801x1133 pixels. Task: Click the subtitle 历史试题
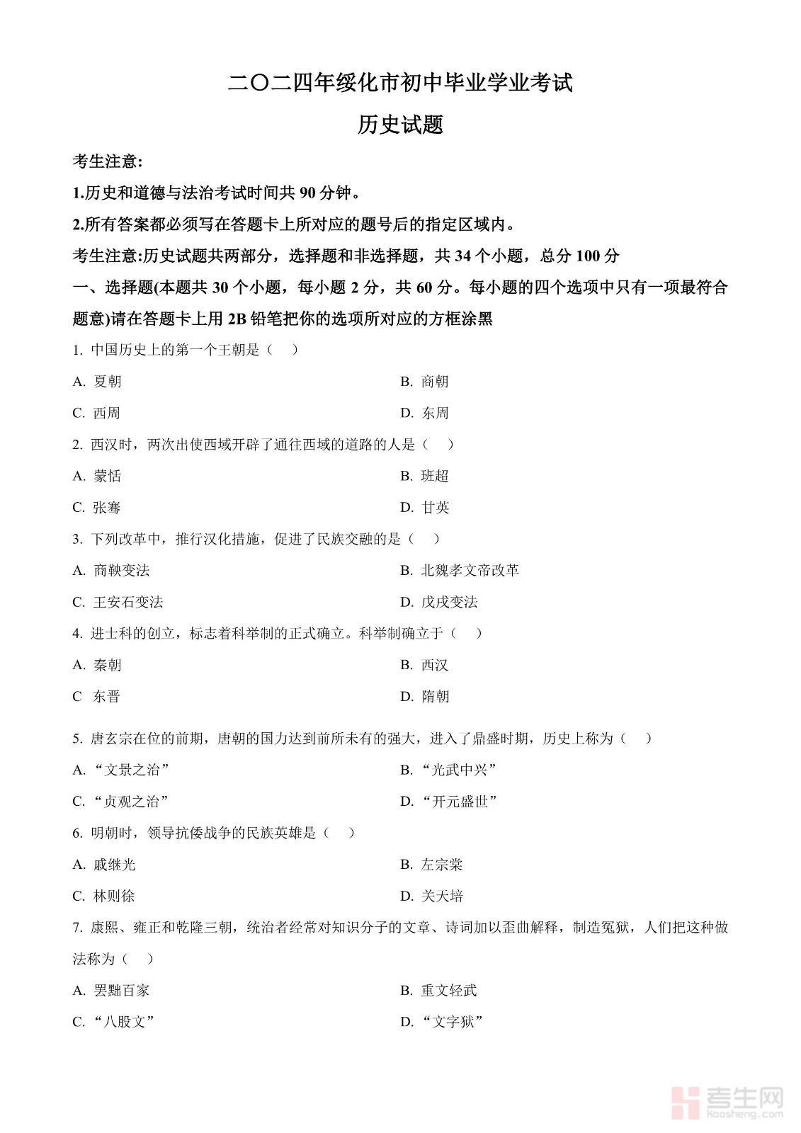click(400, 125)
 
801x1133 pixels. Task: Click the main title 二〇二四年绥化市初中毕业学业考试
click(400, 84)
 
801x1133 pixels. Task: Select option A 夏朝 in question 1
click(98, 382)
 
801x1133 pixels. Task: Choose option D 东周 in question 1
click(424, 413)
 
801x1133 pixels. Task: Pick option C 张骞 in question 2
click(97, 508)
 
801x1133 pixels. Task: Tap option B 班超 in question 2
click(424, 476)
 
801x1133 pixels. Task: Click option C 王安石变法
click(118, 602)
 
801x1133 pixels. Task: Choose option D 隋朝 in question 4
click(424, 697)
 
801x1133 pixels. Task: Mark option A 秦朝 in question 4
click(98, 665)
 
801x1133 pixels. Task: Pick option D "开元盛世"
click(449, 802)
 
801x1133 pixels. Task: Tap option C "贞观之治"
click(121, 802)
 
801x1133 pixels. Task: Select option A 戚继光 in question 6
click(104, 865)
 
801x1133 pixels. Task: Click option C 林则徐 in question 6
click(104, 896)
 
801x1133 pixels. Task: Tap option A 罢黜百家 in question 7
click(111, 991)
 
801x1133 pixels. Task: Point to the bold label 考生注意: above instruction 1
click(108, 162)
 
